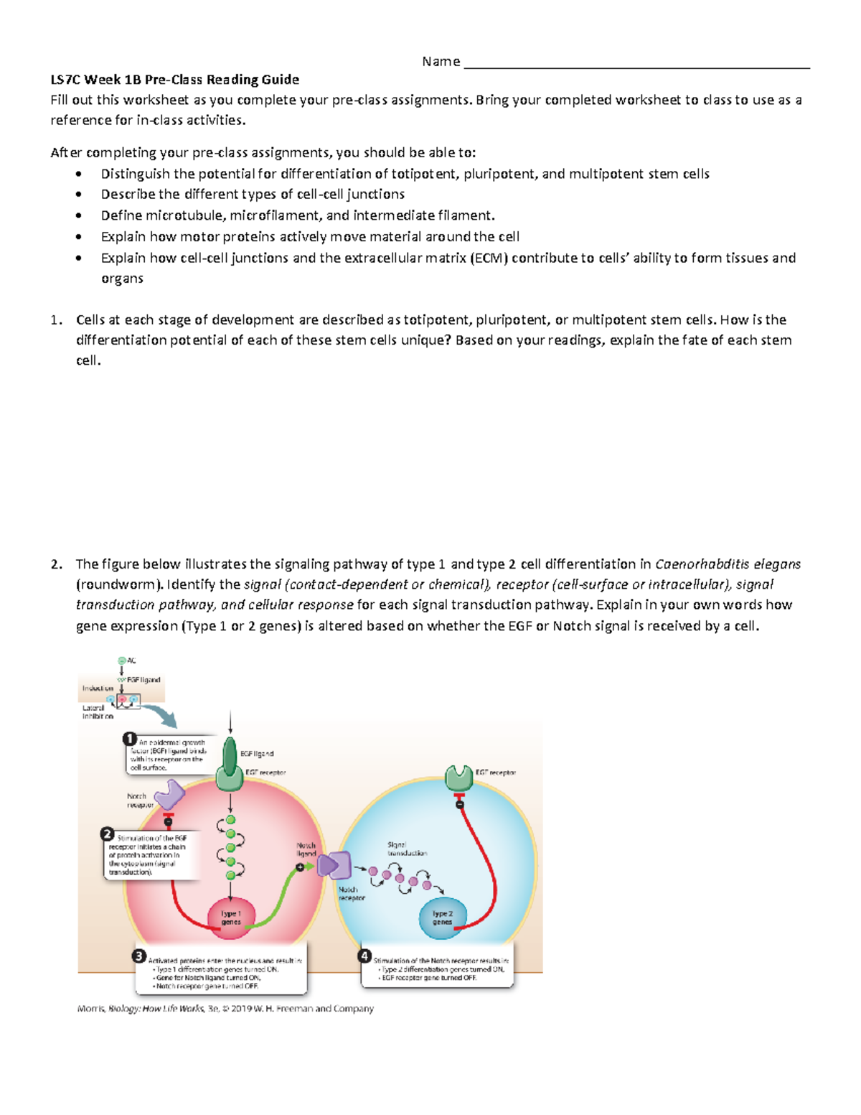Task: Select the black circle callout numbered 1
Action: pyautogui.click(x=130, y=739)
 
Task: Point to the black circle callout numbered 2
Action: pyautogui.click(x=108, y=834)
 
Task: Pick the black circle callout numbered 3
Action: pyautogui.click(x=139, y=956)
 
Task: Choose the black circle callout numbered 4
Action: pyautogui.click(x=364, y=956)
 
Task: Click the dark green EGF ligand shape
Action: pyautogui.click(x=230, y=754)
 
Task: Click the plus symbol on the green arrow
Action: pyautogui.click(x=300, y=867)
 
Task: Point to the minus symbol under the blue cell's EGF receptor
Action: pyautogui.click(x=460, y=805)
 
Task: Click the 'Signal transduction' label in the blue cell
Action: pyautogui.click(x=407, y=849)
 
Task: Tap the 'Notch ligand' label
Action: pyautogui.click(x=306, y=849)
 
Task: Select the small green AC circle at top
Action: pyautogui.click(x=122, y=661)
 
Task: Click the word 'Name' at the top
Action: pyautogui.click(x=441, y=62)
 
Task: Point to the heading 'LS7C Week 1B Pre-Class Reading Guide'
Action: pyautogui.click(x=174, y=80)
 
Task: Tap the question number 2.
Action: pyautogui.click(x=56, y=564)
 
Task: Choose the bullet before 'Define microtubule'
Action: pyautogui.click(x=79, y=215)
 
